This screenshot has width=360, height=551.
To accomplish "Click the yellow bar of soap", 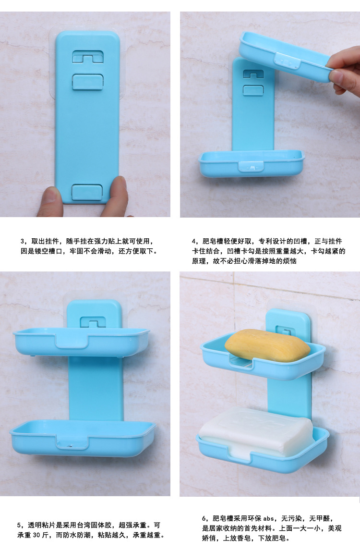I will coord(267,345).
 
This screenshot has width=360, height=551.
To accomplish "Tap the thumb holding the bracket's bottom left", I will coord(49,201).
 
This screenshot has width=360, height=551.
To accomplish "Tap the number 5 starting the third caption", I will coord(19,526).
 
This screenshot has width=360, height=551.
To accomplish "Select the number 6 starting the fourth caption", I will coord(204,518).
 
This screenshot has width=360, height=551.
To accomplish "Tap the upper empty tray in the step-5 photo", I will coord(82,342).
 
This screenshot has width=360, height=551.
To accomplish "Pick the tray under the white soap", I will coord(262,456).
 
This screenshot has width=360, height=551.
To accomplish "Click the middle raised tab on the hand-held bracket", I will coord(87,82).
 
